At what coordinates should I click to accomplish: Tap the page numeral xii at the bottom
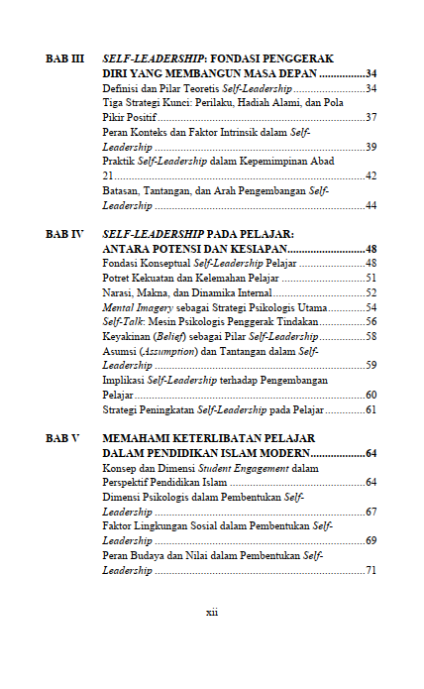[x=211, y=613]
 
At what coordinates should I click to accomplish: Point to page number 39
[x=371, y=147]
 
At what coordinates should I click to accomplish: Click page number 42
[x=371, y=175]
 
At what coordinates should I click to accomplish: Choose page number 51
[x=371, y=278]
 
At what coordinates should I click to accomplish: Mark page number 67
[x=371, y=512]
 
